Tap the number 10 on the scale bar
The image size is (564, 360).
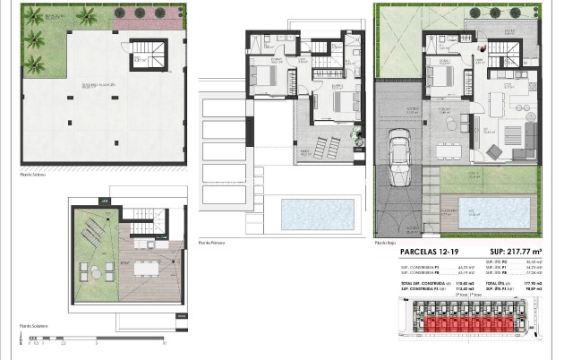pyautogui.click(x=164, y=343)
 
